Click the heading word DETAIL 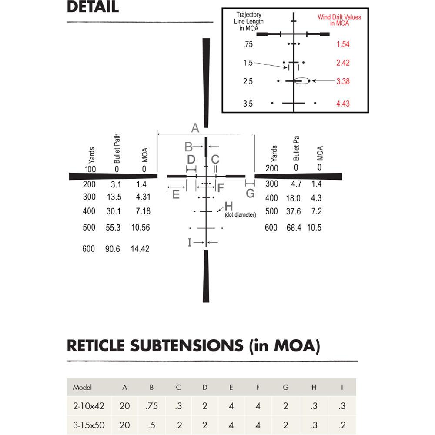pyautogui.click(x=93, y=7)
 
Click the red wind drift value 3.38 pyautogui.click(x=343, y=81)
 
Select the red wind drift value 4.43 pyautogui.click(x=343, y=104)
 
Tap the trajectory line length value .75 pyautogui.click(x=248, y=44)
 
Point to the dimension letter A pyautogui.click(x=195, y=128)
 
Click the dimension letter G pyautogui.click(x=250, y=194)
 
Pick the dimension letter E pyautogui.click(x=176, y=194)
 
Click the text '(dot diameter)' pyautogui.click(x=240, y=215)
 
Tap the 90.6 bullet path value pyautogui.click(x=112, y=249)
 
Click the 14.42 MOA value pyautogui.click(x=140, y=249)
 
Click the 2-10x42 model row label pyautogui.click(x=89, y=406)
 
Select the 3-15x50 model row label pyautogui.click(x=89, y=425)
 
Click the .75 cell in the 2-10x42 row pyautogui.click(x=151, y=406)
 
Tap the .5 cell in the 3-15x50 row pyautogui.click(x=151, y=425)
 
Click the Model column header pyautogui.click(x=82, y=387)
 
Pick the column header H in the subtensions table pyautogui.click(x=314, y=387)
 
